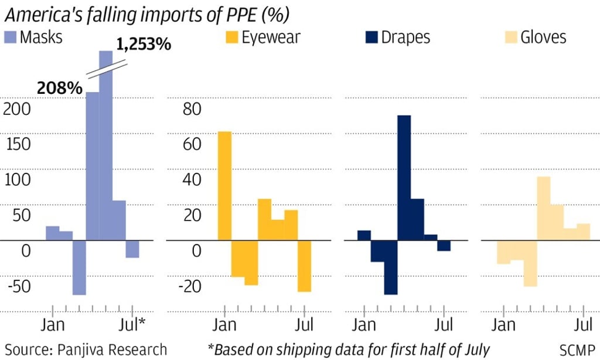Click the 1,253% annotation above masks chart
144,44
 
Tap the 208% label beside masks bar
60,88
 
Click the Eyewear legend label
271,38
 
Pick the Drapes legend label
405,38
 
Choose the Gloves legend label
543,38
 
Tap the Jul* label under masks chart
132,324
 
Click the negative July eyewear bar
304,266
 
